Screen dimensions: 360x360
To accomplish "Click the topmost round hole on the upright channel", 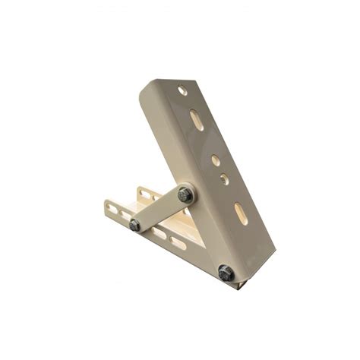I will pos(183,90).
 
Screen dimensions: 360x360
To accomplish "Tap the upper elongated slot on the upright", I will pos(197,120).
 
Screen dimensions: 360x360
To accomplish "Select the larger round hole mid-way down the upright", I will pos(215,161).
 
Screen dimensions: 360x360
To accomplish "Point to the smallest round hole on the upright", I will pos(224,180).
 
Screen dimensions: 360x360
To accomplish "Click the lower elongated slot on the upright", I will pos(241,213).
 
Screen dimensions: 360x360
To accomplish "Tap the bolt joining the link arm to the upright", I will pos(185,195).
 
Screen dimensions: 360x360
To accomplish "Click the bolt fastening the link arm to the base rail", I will pos(134,225).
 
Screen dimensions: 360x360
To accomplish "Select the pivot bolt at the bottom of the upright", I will pos(226,273).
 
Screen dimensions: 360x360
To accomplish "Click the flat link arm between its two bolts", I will pos(159,210).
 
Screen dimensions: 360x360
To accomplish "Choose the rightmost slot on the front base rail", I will pos(178,243).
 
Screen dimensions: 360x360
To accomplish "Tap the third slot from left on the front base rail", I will pos(157,232).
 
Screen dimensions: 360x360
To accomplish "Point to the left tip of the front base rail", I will pos(106,204).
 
